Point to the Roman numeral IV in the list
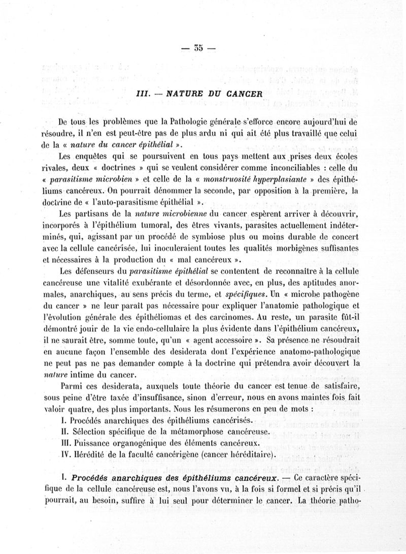coord(64,454)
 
